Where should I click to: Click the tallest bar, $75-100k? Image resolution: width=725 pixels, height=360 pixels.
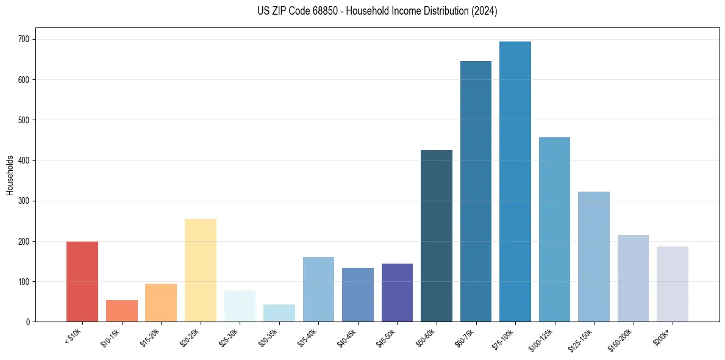point(515,183)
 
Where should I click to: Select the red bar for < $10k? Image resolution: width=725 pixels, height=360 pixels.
point(82,282)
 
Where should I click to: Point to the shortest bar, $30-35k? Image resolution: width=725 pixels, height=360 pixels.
point(279,313)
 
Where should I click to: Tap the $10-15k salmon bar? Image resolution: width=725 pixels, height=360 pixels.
point(121,311)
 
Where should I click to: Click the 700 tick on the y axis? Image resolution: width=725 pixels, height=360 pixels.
point(26,40)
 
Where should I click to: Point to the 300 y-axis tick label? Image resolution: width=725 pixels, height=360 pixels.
point(26,201)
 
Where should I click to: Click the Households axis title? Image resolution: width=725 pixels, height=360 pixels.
point(10,175)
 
